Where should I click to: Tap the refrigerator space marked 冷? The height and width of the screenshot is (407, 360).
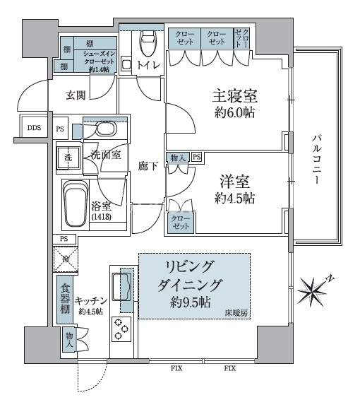coord(65,260)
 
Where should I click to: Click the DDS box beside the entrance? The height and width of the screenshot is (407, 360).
coord(34,129)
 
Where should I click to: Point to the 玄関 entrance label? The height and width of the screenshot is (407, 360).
coord(76,94)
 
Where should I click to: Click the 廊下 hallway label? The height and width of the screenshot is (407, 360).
coord(148,166)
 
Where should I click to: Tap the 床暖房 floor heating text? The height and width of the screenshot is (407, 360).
coord(236,312)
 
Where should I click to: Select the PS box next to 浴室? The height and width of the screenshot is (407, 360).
coord(64,239)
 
